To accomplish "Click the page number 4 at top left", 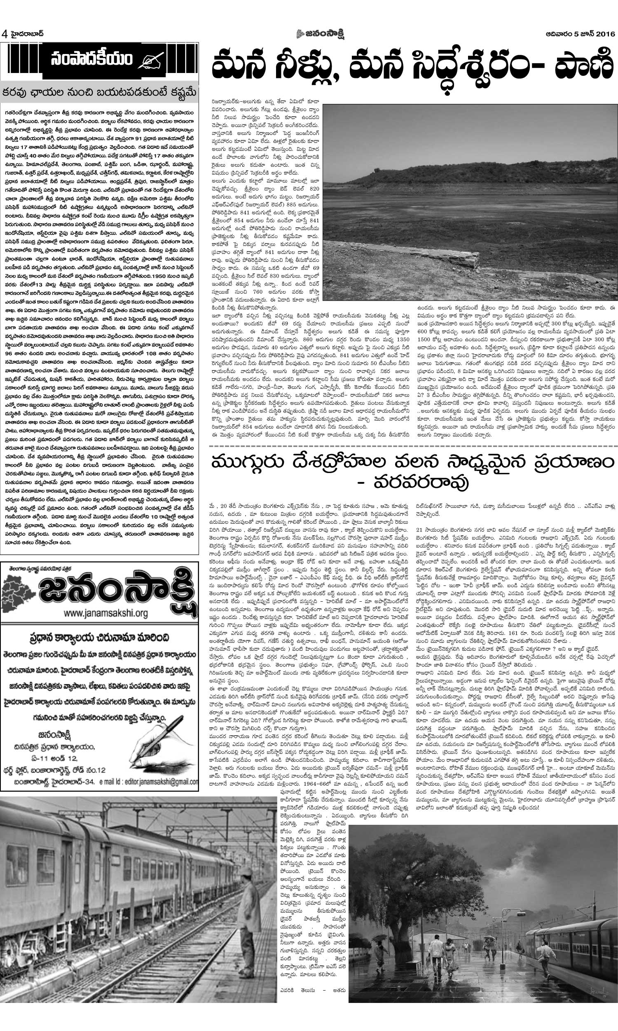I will pos(5,33).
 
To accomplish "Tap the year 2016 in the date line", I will pos(604,34).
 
